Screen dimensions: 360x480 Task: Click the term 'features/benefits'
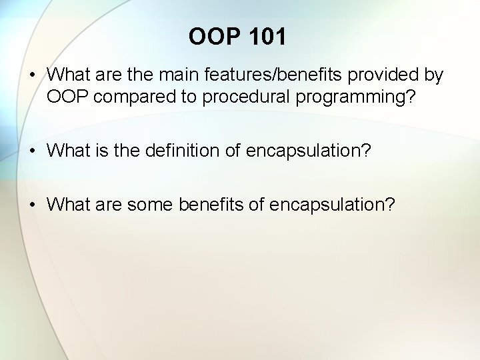click(x=277, y=75)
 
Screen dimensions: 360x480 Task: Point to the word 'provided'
click(x=387, y=75)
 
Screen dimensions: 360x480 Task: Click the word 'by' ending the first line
click(x=433, y=75)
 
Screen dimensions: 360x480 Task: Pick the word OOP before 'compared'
click(x=68, y=97)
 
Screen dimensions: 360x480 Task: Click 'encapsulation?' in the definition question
click(x=309, y=151)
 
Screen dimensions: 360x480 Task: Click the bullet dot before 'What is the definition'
click(x=33, y=151)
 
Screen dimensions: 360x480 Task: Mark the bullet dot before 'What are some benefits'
click(x=33, y=205)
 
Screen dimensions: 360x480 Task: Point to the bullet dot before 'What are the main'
click(x=33, y=75)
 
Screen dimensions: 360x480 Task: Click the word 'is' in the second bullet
click(x=93, y=151)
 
